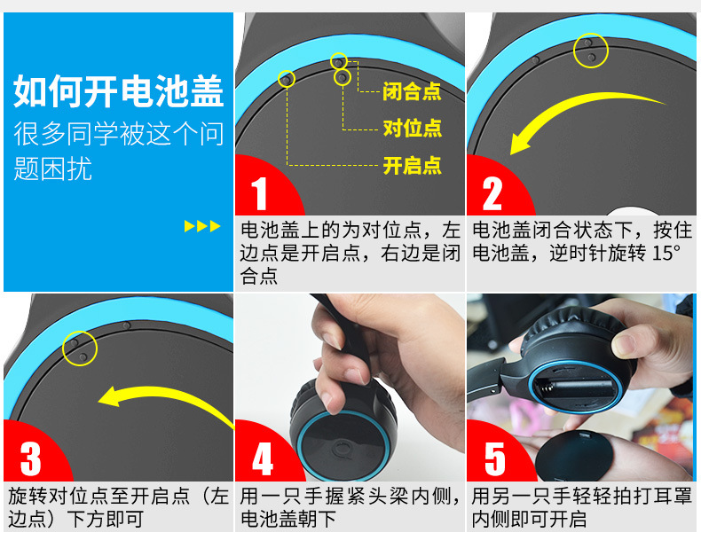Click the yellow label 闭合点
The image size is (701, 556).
click(412, 91)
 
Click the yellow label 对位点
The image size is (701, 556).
click(413, 129)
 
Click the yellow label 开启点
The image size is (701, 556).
click(413, 165)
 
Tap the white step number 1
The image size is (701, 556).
click(259, 193)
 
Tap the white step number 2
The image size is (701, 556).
click(492, 193)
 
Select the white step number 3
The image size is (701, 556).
click(30, 459)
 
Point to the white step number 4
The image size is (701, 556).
click(263, 459)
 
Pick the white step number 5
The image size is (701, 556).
click(495, 459)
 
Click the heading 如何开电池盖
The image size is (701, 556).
click(119, 91)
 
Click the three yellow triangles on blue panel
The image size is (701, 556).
click(202, 226)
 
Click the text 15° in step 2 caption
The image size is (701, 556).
click(666, 254)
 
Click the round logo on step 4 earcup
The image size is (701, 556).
click(342, 449)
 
